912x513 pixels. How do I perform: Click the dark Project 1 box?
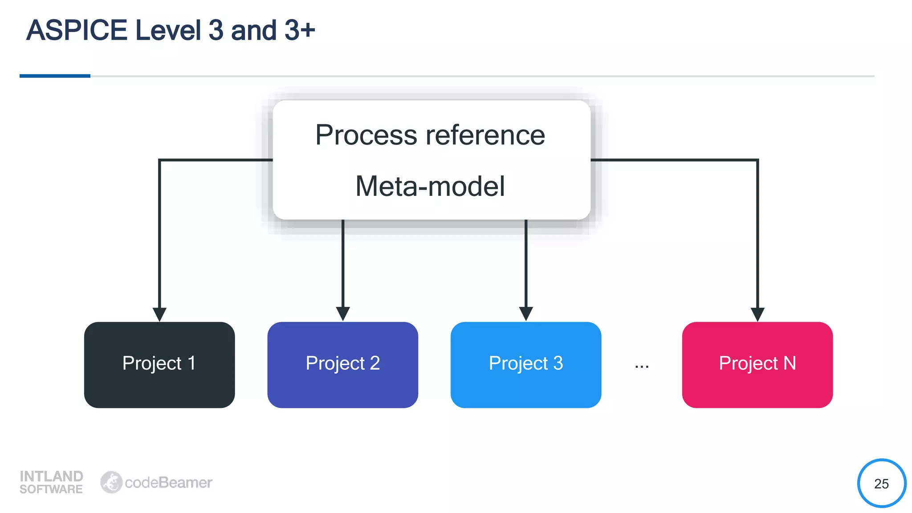(x=159, y=364)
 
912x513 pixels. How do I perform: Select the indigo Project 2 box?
(x=342, y=364)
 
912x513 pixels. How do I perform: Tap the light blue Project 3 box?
(x=525, y=364)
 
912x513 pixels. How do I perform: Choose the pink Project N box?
(x=757, y=364)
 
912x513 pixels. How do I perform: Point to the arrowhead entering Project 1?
(x=159, y=314)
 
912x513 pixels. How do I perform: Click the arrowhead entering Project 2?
(x=343, y=313)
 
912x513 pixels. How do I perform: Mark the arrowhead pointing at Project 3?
(x=526, y=313)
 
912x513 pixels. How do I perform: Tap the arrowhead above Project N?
(x=757, y=314)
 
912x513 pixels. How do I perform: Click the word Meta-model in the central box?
(x=430, y=186)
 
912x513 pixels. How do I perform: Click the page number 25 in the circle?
(x=881, y=484)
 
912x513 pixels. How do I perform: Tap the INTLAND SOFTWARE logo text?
(x=51, y=482)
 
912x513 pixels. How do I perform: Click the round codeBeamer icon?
(x=111, y=482)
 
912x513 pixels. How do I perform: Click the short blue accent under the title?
(x=55, y=76)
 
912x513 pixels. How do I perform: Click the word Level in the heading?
(x=168, y=30)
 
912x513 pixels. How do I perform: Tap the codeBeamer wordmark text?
(x=168, y=483)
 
